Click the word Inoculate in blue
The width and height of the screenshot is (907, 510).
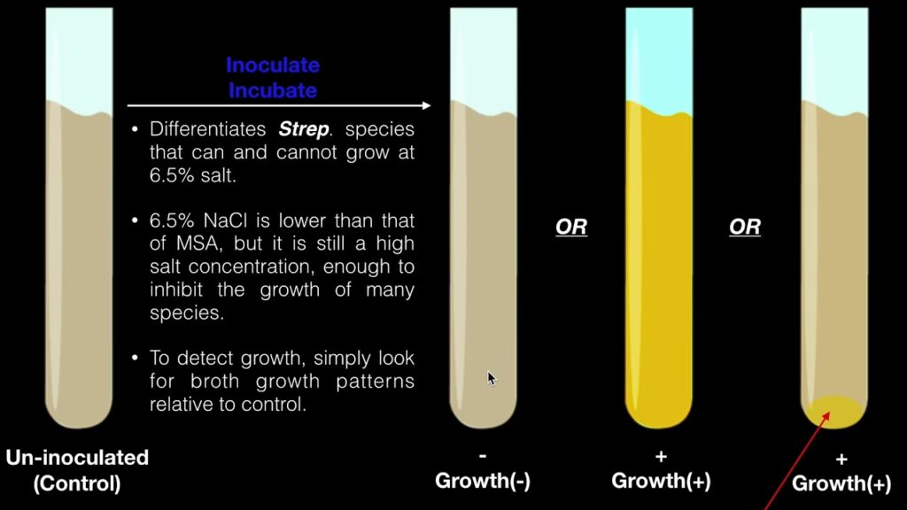273,65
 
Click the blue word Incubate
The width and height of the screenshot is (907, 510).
273,90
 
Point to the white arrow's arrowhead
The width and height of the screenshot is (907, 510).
426,105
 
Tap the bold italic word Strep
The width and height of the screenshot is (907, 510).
304,129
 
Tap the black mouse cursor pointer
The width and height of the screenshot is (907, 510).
492,378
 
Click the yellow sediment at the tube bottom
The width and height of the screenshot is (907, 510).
833,411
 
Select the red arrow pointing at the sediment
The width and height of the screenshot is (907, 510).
798,460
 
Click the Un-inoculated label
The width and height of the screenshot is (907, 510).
78,458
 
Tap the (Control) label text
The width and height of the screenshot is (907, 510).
77,483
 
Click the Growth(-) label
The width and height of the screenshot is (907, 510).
483,481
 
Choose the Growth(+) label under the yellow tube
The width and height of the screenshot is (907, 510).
661,481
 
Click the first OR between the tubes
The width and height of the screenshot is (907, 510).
571,227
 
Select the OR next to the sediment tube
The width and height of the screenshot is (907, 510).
744,227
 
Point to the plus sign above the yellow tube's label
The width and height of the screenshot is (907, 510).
661,457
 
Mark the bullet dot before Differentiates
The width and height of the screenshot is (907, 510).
135,129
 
